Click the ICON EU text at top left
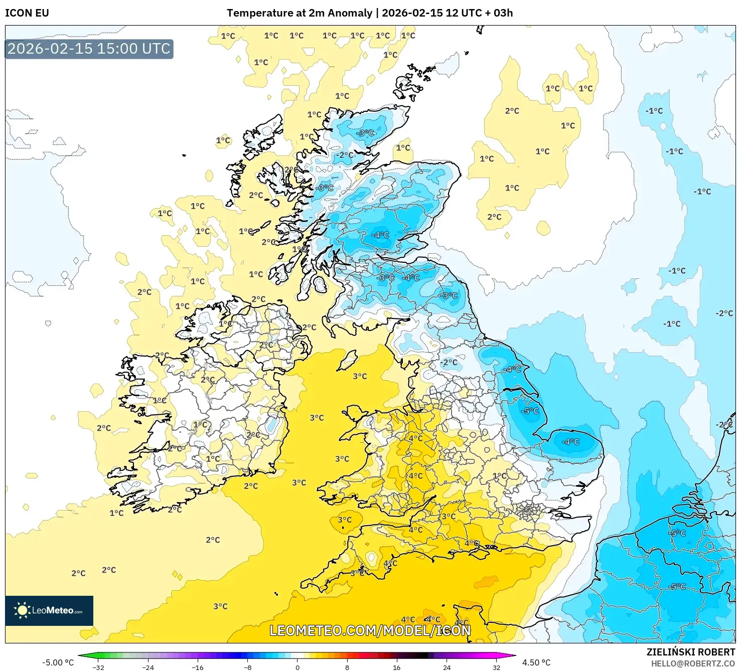click(x=27, y=13)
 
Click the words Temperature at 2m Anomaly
click(x=300, y=13)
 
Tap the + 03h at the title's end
click(x=499, y=13)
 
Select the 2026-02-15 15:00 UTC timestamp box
click(x=89, y=49)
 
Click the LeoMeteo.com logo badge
click(x=49, y=610)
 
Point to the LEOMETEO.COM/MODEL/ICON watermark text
click(x=370, y=630)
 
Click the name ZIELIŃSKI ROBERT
click(x=690, y=652)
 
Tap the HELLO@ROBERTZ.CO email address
click(x=692, y=663)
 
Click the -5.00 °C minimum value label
click(x=58, y=662)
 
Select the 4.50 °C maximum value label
click(x=536, y=662)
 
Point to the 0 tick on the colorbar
click(x=298, y=667)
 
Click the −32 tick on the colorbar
click(x=98, y=667)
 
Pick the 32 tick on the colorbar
click(x=496, y=667)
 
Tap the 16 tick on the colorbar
click(x=397, y=667)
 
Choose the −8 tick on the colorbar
click(x=247, y=667)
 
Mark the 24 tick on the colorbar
click(x=447, y=667)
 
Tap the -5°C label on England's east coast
click(x=530, y=411)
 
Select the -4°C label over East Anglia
click(x=570, y=442)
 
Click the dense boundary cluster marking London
click(x=528, y=511)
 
